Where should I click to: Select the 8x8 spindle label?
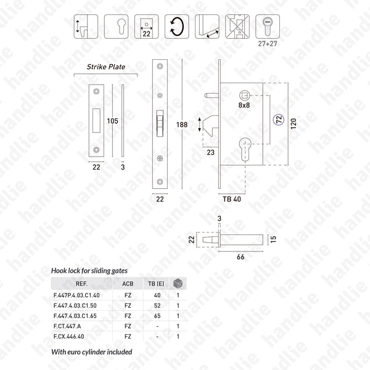tap(245, 105)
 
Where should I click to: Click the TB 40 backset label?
tap(232, 199)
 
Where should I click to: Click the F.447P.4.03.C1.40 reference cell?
tap(81, 295)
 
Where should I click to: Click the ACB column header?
tap(128, 284)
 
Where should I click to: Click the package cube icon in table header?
tap(178, 284)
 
